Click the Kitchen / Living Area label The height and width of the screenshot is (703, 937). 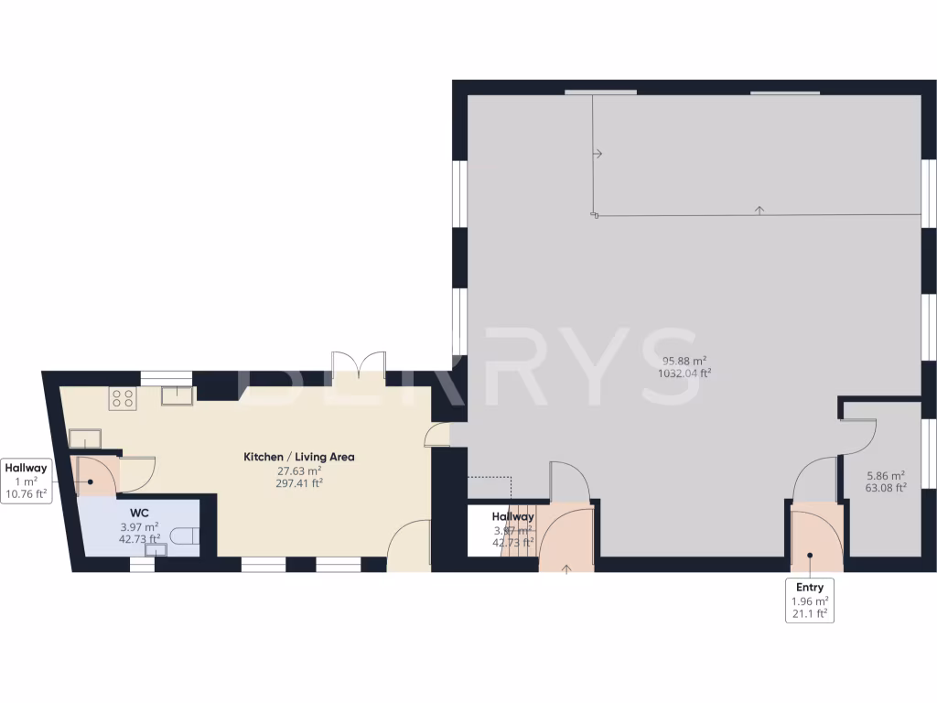click(x=298, y=456)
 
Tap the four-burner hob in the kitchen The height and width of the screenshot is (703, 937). click(x=122, y=398)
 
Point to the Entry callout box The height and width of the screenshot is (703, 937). click(x=810, y=600)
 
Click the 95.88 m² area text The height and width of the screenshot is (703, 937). click(x=684, y=360)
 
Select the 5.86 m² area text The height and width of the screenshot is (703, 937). click(x=885, y=475)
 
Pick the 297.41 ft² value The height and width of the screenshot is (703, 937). click(x=298, y=484)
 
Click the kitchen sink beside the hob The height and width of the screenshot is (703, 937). click(x=176, y=395)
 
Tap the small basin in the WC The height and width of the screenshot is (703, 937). click(x=156, y=550)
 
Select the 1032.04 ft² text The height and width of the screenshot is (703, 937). click(x=684, y=373)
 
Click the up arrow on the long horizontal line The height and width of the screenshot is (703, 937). click(x=759, y=211)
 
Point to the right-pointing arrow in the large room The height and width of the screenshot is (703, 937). click(x=598, y=154)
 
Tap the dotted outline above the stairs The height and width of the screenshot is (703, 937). click(x=490, y=479)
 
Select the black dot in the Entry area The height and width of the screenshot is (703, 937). click(x=810, y=555)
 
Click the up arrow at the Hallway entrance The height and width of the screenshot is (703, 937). click(x=566, y=569)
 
